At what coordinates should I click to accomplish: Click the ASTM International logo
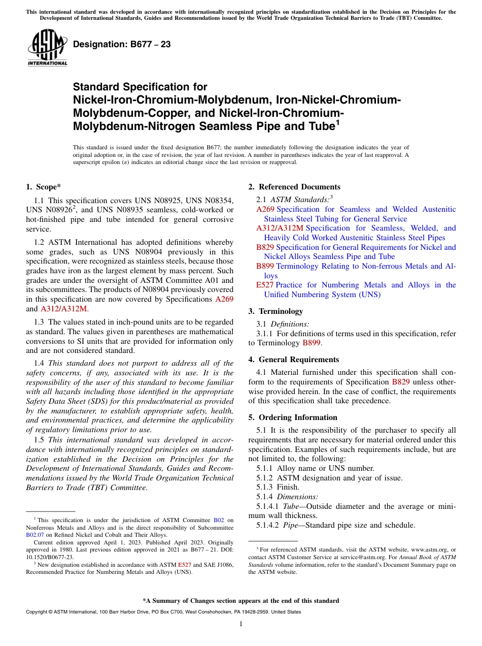tap(47, 48)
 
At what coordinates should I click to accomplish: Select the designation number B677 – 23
tap(122, 45)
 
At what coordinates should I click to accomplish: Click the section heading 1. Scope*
tap(44, 187)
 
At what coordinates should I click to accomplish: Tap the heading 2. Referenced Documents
tap(294, 187)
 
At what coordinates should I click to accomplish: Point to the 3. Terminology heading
tap(276, 311)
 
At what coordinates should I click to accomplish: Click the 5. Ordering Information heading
tap(293, 417)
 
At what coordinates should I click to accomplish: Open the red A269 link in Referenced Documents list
tap(265, 209)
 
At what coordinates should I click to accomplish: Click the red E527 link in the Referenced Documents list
tap(265, 285)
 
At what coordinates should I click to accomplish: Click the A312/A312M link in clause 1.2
tap(63, 309)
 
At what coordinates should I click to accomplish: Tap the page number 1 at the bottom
tap(241, 624)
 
